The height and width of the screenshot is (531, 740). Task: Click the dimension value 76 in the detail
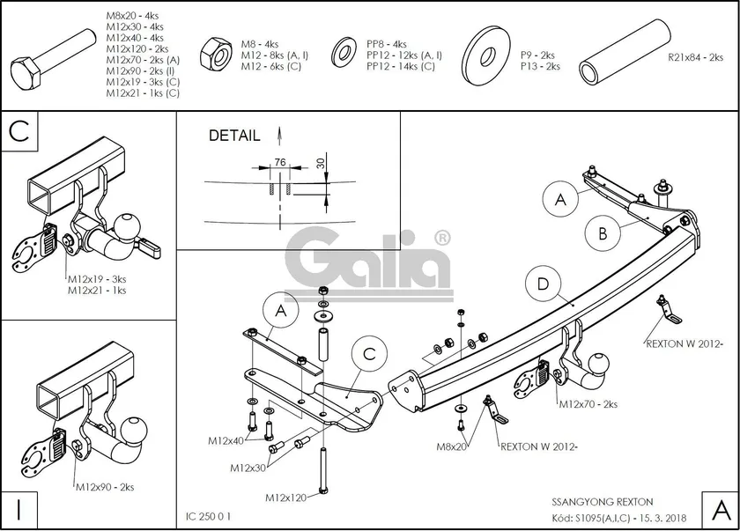pos(280,161)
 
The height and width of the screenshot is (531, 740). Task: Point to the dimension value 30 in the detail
pos(322,164)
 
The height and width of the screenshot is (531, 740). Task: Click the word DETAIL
pos(234,136)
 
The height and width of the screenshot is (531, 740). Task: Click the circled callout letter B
pos(603,233)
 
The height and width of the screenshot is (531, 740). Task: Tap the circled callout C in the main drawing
pos(368,353)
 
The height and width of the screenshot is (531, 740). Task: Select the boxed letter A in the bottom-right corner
pos(719,508)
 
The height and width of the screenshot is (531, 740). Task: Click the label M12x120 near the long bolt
pos(285,498)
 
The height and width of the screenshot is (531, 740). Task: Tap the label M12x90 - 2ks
pos(105,487)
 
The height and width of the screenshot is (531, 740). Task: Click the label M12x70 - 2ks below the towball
pos(588,404)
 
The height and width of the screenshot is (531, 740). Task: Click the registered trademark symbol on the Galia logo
pos(442,237)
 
